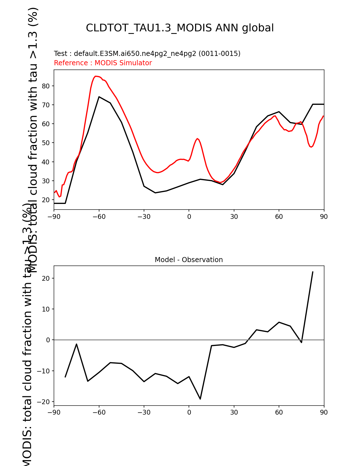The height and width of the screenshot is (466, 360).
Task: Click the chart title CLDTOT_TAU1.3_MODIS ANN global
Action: point(180,28)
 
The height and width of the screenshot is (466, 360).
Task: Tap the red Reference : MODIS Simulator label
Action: point(103,63)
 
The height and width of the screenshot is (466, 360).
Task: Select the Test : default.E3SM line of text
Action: point(147,54)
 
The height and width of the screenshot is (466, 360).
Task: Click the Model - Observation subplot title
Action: point(189,260)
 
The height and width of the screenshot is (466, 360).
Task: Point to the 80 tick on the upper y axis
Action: point(46,86)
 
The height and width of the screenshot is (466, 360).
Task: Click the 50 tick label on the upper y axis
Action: point(46,143)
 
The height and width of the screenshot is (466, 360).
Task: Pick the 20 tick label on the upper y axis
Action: point(46,200)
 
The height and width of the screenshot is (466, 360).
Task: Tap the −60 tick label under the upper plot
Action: point(99,217)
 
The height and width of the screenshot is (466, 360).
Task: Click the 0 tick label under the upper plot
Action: point(189,217)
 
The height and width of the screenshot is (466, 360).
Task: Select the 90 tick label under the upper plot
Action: point(324,217)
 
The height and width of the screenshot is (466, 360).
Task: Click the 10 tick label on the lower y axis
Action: point(46,309)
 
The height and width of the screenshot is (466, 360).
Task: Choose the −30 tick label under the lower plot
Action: point(144,413)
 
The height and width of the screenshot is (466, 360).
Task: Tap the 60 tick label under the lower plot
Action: point(279,413)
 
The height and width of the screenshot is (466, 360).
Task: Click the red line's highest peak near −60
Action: point(95,76)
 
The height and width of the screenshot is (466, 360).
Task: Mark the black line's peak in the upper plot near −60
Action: point(99,97)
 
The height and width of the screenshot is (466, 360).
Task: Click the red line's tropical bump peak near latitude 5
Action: point(197,139)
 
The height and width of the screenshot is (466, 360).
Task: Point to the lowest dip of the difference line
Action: point(200,399)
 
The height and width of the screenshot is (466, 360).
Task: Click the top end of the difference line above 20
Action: point(313,272)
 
